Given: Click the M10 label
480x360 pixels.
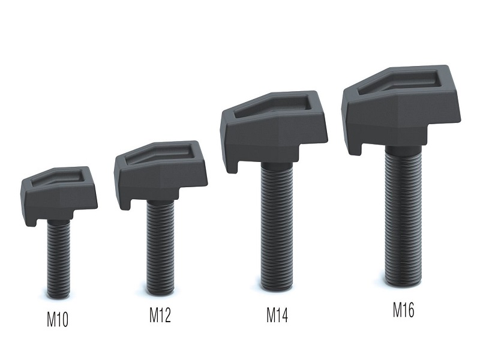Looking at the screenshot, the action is (57, 319).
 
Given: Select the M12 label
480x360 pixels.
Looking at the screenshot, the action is (160, 315).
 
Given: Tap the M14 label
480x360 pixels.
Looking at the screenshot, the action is (277, 315).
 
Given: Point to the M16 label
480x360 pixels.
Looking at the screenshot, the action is (403, 310).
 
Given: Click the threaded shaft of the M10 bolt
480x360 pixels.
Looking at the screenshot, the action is (58, 259).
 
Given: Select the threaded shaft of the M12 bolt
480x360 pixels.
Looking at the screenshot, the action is (160, 247).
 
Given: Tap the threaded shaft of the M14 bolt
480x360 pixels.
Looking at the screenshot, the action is (277, 226).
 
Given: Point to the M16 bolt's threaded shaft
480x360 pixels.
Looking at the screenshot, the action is (403, 215).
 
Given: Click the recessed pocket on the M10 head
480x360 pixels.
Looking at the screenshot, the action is (57, 178).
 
